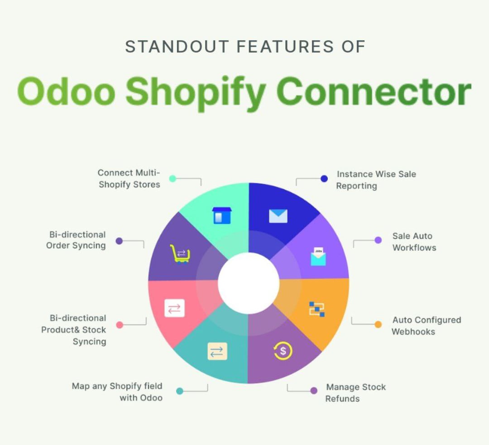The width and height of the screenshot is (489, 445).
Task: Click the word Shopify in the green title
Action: [x=196, y=92]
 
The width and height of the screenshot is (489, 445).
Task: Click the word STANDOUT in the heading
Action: [x=177, y=47]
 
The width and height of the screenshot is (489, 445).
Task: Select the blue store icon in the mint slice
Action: [x=222, y=215]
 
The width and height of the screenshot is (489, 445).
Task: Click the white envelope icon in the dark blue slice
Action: [x=278, y=216]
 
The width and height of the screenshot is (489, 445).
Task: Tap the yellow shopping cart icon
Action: [x=180, y=254]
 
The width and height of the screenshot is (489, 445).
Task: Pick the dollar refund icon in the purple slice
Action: [x=283, y=351]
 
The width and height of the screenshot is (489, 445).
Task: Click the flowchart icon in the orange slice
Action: [x=317, y=309]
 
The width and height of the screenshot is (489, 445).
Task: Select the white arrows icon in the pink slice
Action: [x=174, y=308]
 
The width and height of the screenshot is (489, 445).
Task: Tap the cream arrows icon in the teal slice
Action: [x=217, y=351]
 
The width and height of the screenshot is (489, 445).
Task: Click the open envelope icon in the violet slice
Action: [x=318, y=256]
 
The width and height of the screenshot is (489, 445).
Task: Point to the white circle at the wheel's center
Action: [x=249, y=283]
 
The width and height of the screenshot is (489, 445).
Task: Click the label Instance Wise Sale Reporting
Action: [x=376, y=180]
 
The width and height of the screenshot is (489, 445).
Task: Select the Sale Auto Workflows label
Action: [x=414, y=242]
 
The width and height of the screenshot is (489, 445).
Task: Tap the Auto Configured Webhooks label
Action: [x=427, y=325]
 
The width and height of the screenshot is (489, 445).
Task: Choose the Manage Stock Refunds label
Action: [x=355, y=393]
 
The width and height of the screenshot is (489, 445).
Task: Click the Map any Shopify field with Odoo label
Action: [x=117, y=392]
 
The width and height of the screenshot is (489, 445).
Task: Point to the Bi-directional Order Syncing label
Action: [x=76, y=240]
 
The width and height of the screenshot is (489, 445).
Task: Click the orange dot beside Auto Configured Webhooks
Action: [x=378, y=325]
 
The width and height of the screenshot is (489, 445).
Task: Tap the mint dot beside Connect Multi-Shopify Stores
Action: [x=173, y=178]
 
